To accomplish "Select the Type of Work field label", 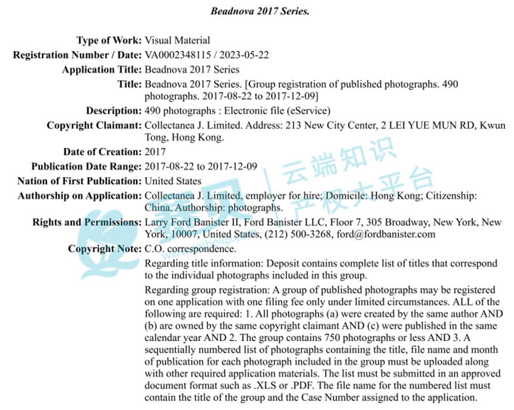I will click(x=109, y=40).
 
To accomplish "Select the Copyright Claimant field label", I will click(x=94, y=125).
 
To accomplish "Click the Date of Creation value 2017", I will click(x=155, y=152).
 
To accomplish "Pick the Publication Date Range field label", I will click(x=86, y=166).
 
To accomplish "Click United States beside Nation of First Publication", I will click(x=173, y=181).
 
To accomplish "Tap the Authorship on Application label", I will click(x=80, y=195).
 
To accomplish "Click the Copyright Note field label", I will click(x=105, y=249).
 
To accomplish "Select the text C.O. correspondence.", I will click(x=190, y=249).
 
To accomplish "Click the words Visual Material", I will click(x=178, y=40).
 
